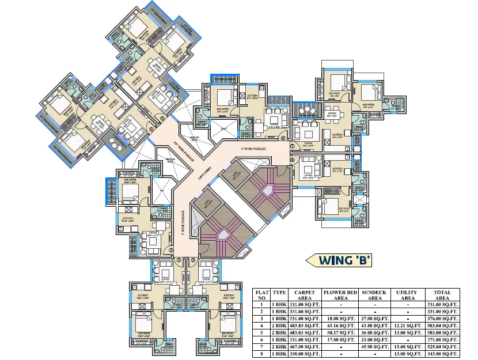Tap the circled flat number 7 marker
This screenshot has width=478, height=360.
pyautogui.click(x=293, y=146)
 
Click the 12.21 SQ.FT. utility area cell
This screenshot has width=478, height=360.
pyautogui.click(x=407, y=326)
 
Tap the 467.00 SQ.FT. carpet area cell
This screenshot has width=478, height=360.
pyautogui.click(x=304, y=347)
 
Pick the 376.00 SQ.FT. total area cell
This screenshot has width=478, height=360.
pyautogui.click(x=442, y=319)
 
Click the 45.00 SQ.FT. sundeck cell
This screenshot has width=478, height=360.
pyautogui.click(x=375, y=347)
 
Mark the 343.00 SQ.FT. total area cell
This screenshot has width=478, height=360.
pyautogui.click(x=442, y=354)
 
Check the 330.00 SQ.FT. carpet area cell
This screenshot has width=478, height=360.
pyautogui.click(x=304, y=354)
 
